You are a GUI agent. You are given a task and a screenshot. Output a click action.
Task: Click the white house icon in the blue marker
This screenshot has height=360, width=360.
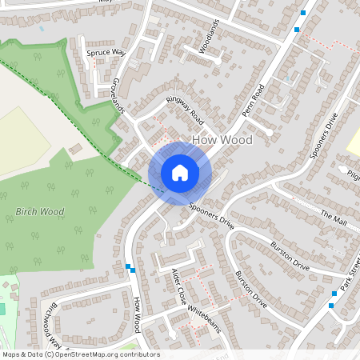click(x=180, y=172)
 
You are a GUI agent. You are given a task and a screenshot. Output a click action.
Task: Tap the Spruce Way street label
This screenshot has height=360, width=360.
click(x=106, y=53)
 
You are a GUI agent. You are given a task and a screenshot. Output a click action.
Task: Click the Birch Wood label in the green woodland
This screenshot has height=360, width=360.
click(x=39, y=212)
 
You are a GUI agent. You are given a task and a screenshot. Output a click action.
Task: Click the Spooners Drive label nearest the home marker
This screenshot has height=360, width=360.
click(x=211, y=214)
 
